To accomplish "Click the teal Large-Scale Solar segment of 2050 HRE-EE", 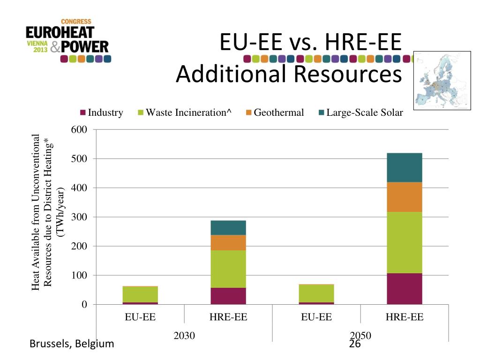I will (x=404, y=167).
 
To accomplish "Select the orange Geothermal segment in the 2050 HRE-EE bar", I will (x=404, y=197).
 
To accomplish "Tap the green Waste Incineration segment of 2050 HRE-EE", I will (x=404, y=242).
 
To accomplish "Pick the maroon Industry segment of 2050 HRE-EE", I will (x=404, y=289).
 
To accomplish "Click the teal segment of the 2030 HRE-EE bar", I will (x=228, y=227).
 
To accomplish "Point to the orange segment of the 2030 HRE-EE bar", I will (x=228, y=242).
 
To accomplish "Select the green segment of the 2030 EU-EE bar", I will (x=140, y=294).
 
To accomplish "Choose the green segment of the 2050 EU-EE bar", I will (x=316, y=293).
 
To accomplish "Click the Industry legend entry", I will (x=102, y=112).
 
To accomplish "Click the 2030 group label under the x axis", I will (x=184, y=336).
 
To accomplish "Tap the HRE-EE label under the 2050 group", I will (x=404, y=317).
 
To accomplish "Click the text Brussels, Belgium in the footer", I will (x=72, y=344).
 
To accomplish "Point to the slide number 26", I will (x=355, y=344).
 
